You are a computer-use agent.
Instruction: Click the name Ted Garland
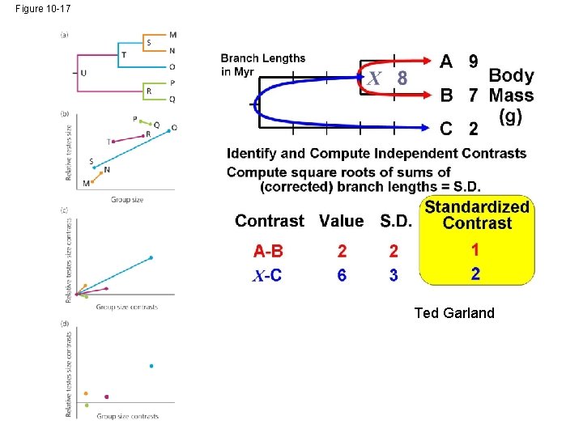(x=453, y=312)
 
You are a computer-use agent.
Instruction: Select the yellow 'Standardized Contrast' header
(x=477, y=215)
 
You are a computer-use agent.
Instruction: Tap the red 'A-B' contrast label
(x=268, y=251)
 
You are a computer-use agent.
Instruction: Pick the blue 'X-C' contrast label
(x=267, y=276)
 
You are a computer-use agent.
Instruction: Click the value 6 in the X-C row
(x=342, y=276)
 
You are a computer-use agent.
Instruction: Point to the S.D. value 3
(x=394, y=276)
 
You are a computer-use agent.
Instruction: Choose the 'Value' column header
(x=342, y=221)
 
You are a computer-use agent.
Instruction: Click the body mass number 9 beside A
(x=473, y=62)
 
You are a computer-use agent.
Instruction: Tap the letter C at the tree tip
(x=446, y=128)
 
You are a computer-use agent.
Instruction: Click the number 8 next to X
(x=402, y=79)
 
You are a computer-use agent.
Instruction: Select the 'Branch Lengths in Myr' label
(x=263, y=65)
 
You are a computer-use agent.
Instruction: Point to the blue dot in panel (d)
(x=151, y=366)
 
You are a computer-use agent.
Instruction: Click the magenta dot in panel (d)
(x=107, y=397)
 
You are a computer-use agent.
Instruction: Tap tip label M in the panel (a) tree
(x=172, y=35)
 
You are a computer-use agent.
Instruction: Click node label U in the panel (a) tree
(x=83, y=73)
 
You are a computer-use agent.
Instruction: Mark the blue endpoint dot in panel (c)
(x=151, y=258)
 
